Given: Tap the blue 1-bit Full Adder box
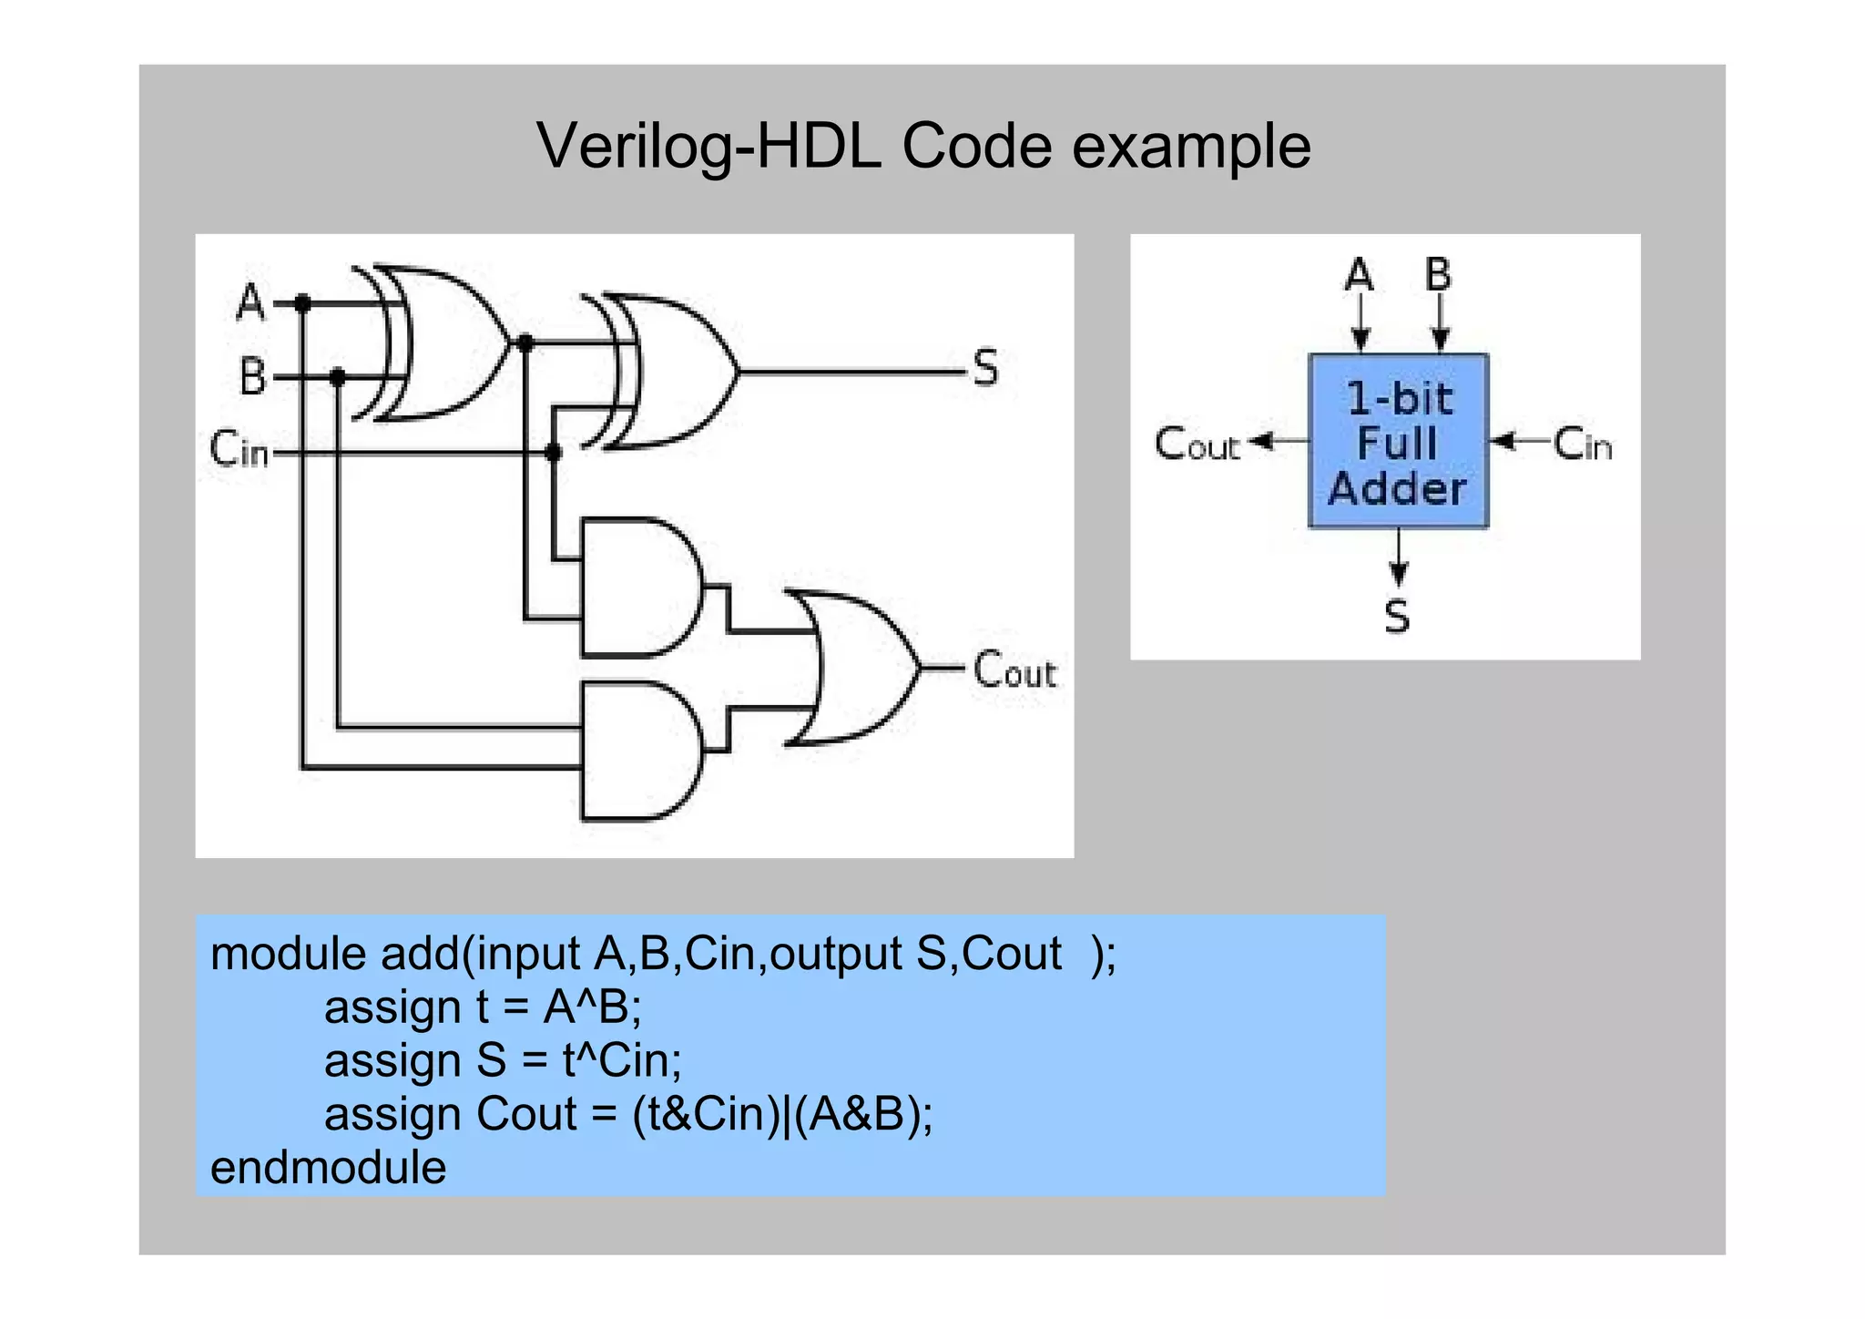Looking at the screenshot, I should (1398, 442).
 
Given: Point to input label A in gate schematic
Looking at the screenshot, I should (250, 302).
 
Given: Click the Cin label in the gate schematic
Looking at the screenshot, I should (239, 449).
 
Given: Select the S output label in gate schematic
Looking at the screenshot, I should (985, 369).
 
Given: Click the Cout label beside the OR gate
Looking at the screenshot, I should (1014, 670).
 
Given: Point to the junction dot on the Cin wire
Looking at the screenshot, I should (553, 452).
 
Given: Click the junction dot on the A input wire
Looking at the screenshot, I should (302, 303).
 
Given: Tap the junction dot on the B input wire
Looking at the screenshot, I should (338, 376).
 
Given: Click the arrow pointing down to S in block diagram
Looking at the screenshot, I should (1399, 557).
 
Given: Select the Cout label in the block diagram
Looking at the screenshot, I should (1197, 445).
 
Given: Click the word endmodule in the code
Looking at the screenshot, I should (329, 1168).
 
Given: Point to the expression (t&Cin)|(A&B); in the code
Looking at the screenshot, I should (783, 1114).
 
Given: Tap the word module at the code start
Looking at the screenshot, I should (288, 954).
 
